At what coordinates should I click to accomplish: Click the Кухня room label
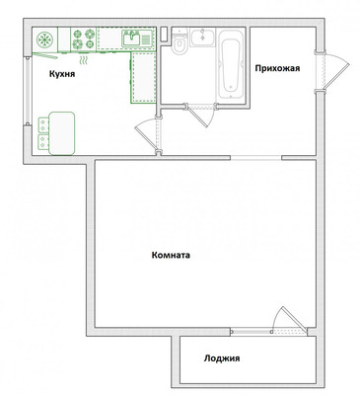click(62, 74)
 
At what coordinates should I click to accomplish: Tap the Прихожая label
click(277, 68)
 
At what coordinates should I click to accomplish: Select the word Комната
click(171, 255)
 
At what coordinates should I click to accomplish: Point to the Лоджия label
click(222, 357)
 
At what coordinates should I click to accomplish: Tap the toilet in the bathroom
click(180, 42)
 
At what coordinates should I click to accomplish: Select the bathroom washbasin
click(202, 37)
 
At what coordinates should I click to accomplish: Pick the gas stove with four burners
click(84, 39)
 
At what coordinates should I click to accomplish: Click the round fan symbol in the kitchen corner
click(44, 39)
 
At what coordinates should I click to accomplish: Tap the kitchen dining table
click(62, 133)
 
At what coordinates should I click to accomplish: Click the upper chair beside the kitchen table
click(43, 124)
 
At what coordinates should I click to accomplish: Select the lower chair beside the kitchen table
click(43, 142)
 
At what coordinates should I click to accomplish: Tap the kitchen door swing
click(145, 132)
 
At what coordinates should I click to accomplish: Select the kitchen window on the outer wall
click(28, 90)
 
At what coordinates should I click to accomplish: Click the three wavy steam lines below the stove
click(85, 59)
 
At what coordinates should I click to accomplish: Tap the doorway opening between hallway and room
click(255, 158)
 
